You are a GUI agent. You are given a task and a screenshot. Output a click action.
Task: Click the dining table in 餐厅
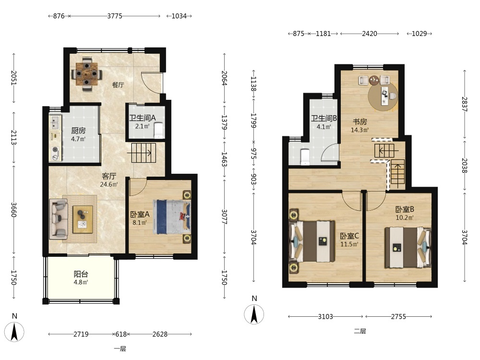point(86,73)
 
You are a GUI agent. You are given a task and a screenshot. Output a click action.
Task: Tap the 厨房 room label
point(78,131)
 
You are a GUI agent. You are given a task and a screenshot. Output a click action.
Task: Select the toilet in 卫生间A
point(158,130)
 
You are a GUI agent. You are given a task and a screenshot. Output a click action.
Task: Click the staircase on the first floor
point(144,153)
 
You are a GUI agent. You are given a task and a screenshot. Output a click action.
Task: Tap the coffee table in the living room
point(83,219)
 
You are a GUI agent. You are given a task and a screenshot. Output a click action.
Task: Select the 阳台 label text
point(81,274)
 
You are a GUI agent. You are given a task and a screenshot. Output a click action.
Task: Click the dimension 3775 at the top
point(115,16)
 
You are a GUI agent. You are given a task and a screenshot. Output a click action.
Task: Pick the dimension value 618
point(121,334)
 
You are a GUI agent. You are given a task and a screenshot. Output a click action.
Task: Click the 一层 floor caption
point(120,348)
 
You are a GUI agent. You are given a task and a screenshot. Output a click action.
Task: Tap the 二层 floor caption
point(360,331)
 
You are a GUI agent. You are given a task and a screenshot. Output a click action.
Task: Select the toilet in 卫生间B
point(305,157)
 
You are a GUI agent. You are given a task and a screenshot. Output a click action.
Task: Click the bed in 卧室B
point(408,247)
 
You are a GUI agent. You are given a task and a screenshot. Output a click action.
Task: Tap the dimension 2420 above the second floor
point(370,34)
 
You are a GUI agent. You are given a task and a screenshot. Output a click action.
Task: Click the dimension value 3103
point(325,316)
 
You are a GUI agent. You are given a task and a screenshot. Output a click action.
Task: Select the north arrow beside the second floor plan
point(254,314)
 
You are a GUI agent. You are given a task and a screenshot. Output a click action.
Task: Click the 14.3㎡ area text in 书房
point(360,130)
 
